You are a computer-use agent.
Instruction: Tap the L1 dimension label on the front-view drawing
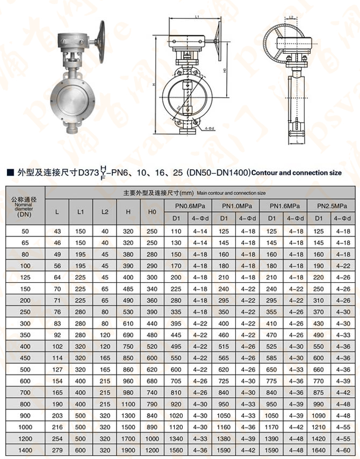pos(197,17)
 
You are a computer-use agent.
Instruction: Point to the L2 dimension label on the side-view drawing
pos(290,18)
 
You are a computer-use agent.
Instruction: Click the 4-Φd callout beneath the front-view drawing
pos(209,129)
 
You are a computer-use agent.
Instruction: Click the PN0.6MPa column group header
pos(184,206)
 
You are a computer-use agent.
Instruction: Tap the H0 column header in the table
pos(152,212)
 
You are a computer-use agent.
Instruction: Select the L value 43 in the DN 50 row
pos(57,231)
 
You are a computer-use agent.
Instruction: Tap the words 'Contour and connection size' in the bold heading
pos(297,173)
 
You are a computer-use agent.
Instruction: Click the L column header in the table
pos(57,212)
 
